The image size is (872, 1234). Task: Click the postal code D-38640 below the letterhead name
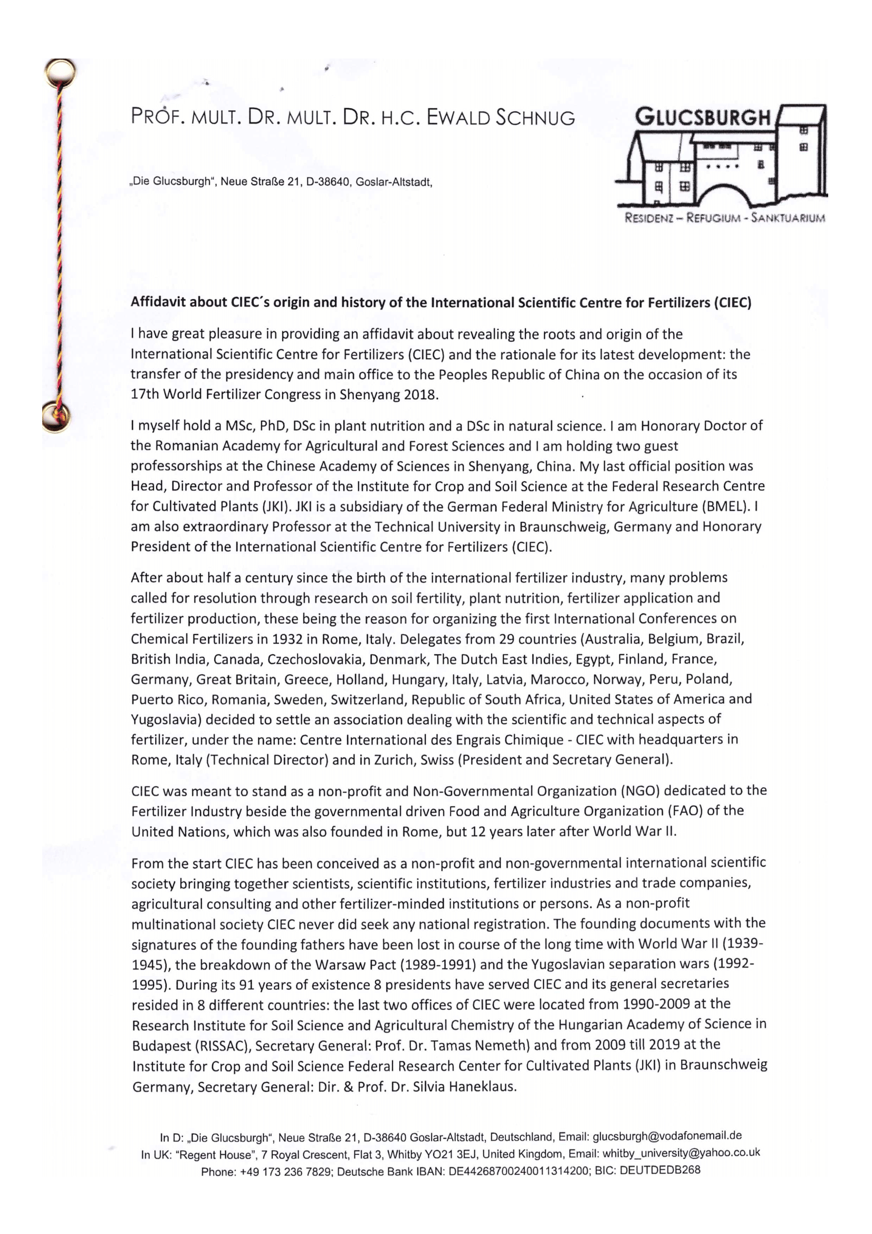point(326,181)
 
